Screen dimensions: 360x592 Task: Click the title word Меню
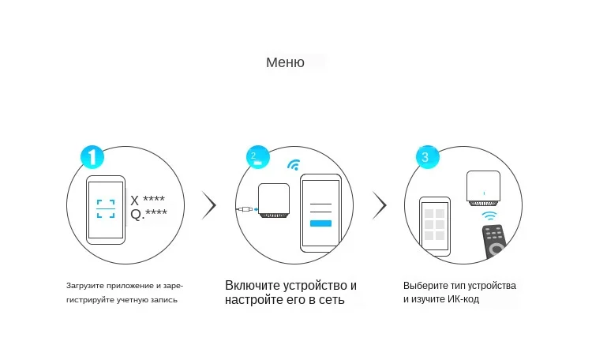tap(285, 62)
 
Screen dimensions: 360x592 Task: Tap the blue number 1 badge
tap(92, 156)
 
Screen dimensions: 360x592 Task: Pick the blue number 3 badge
tap(427, 156)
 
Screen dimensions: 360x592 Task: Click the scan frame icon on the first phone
tap(105, 208)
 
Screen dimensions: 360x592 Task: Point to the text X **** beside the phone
tap(148, 200)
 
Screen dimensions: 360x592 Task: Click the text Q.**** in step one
tap(148, 214)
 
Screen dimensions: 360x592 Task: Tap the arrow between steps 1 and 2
tap(209, 204)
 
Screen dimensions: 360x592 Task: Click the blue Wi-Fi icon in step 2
tap(294, 165)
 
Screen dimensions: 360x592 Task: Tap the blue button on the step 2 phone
tap(320, 223)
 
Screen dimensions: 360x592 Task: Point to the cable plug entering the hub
tap(246, 209)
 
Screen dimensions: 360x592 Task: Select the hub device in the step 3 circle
tap(483, 187)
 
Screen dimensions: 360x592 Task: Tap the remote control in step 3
tap(494, 242)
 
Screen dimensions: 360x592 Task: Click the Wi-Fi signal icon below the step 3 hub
tap(490, 215)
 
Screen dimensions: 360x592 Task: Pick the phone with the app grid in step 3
tap(434, 226)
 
